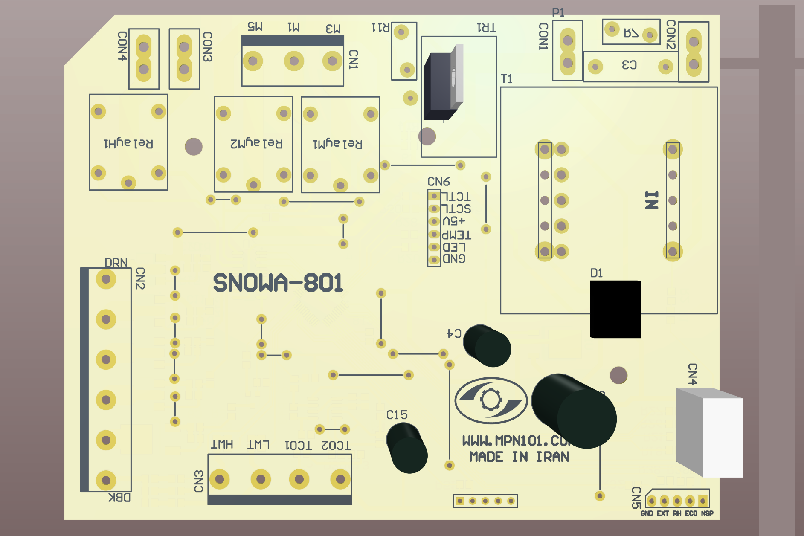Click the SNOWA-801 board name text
tap(278, 283)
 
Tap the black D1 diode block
tap(615, 309)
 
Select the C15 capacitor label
tap(397, 415)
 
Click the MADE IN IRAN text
tap(519, 457)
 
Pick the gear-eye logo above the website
tap(491, 400)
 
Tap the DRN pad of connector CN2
tap(106, 279)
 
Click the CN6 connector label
tap(438, 182)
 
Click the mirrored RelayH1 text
tap(128, 143)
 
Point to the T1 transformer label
tap(506, 79)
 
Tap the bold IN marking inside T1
tap(651, 200)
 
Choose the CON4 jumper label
tap(122, 46)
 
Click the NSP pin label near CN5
tap(707, 513)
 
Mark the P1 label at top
tap(558, 12)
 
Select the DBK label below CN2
tap(119, 497)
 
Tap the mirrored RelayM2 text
tap(256, 143)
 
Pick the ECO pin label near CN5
tap(691, 513)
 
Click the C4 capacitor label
tap(454, 333)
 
